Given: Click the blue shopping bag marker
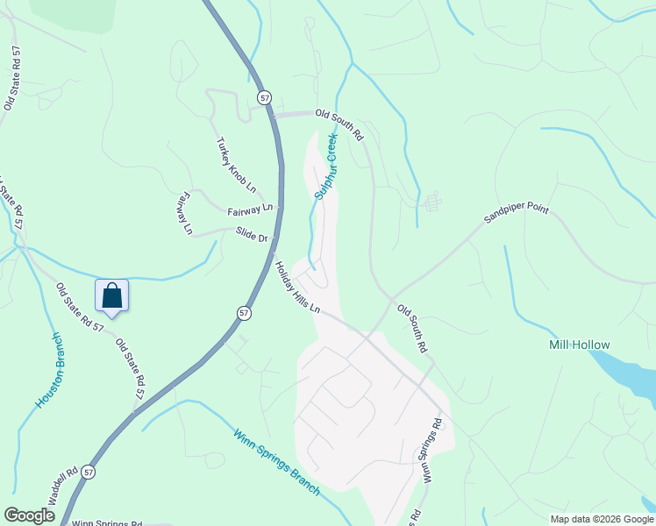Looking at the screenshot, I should pyautogui.click(x=111, y=295).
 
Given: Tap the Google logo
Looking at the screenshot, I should pyautogui.click(x=29, y=515).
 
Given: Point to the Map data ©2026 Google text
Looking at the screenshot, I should pyautogui.click(x=602, y=519).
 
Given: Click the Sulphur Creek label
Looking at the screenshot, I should pyautogui.click(x=325, y=165).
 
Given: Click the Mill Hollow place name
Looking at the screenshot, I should pyautogui.click(x=579, y=345).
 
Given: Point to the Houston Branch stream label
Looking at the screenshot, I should pyautogui.click(x=50, y=370).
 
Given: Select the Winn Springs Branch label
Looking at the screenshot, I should pyautogui.click(x=276, y=461).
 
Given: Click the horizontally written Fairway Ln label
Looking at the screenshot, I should pyautogui.click(x=250, y=210).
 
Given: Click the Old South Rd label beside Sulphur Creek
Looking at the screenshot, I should pyautogui.click(x=339, y=124).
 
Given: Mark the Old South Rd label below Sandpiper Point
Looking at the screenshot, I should pyautogui.click(x=412, y=329).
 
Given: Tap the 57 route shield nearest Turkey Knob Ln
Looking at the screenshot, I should pyautogui.click(x=264, y=96).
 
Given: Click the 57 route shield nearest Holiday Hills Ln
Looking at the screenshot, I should pyautogui.click(x=243, y=313).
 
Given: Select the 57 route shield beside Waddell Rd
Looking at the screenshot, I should pyautogui.click(x=88, y=472).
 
